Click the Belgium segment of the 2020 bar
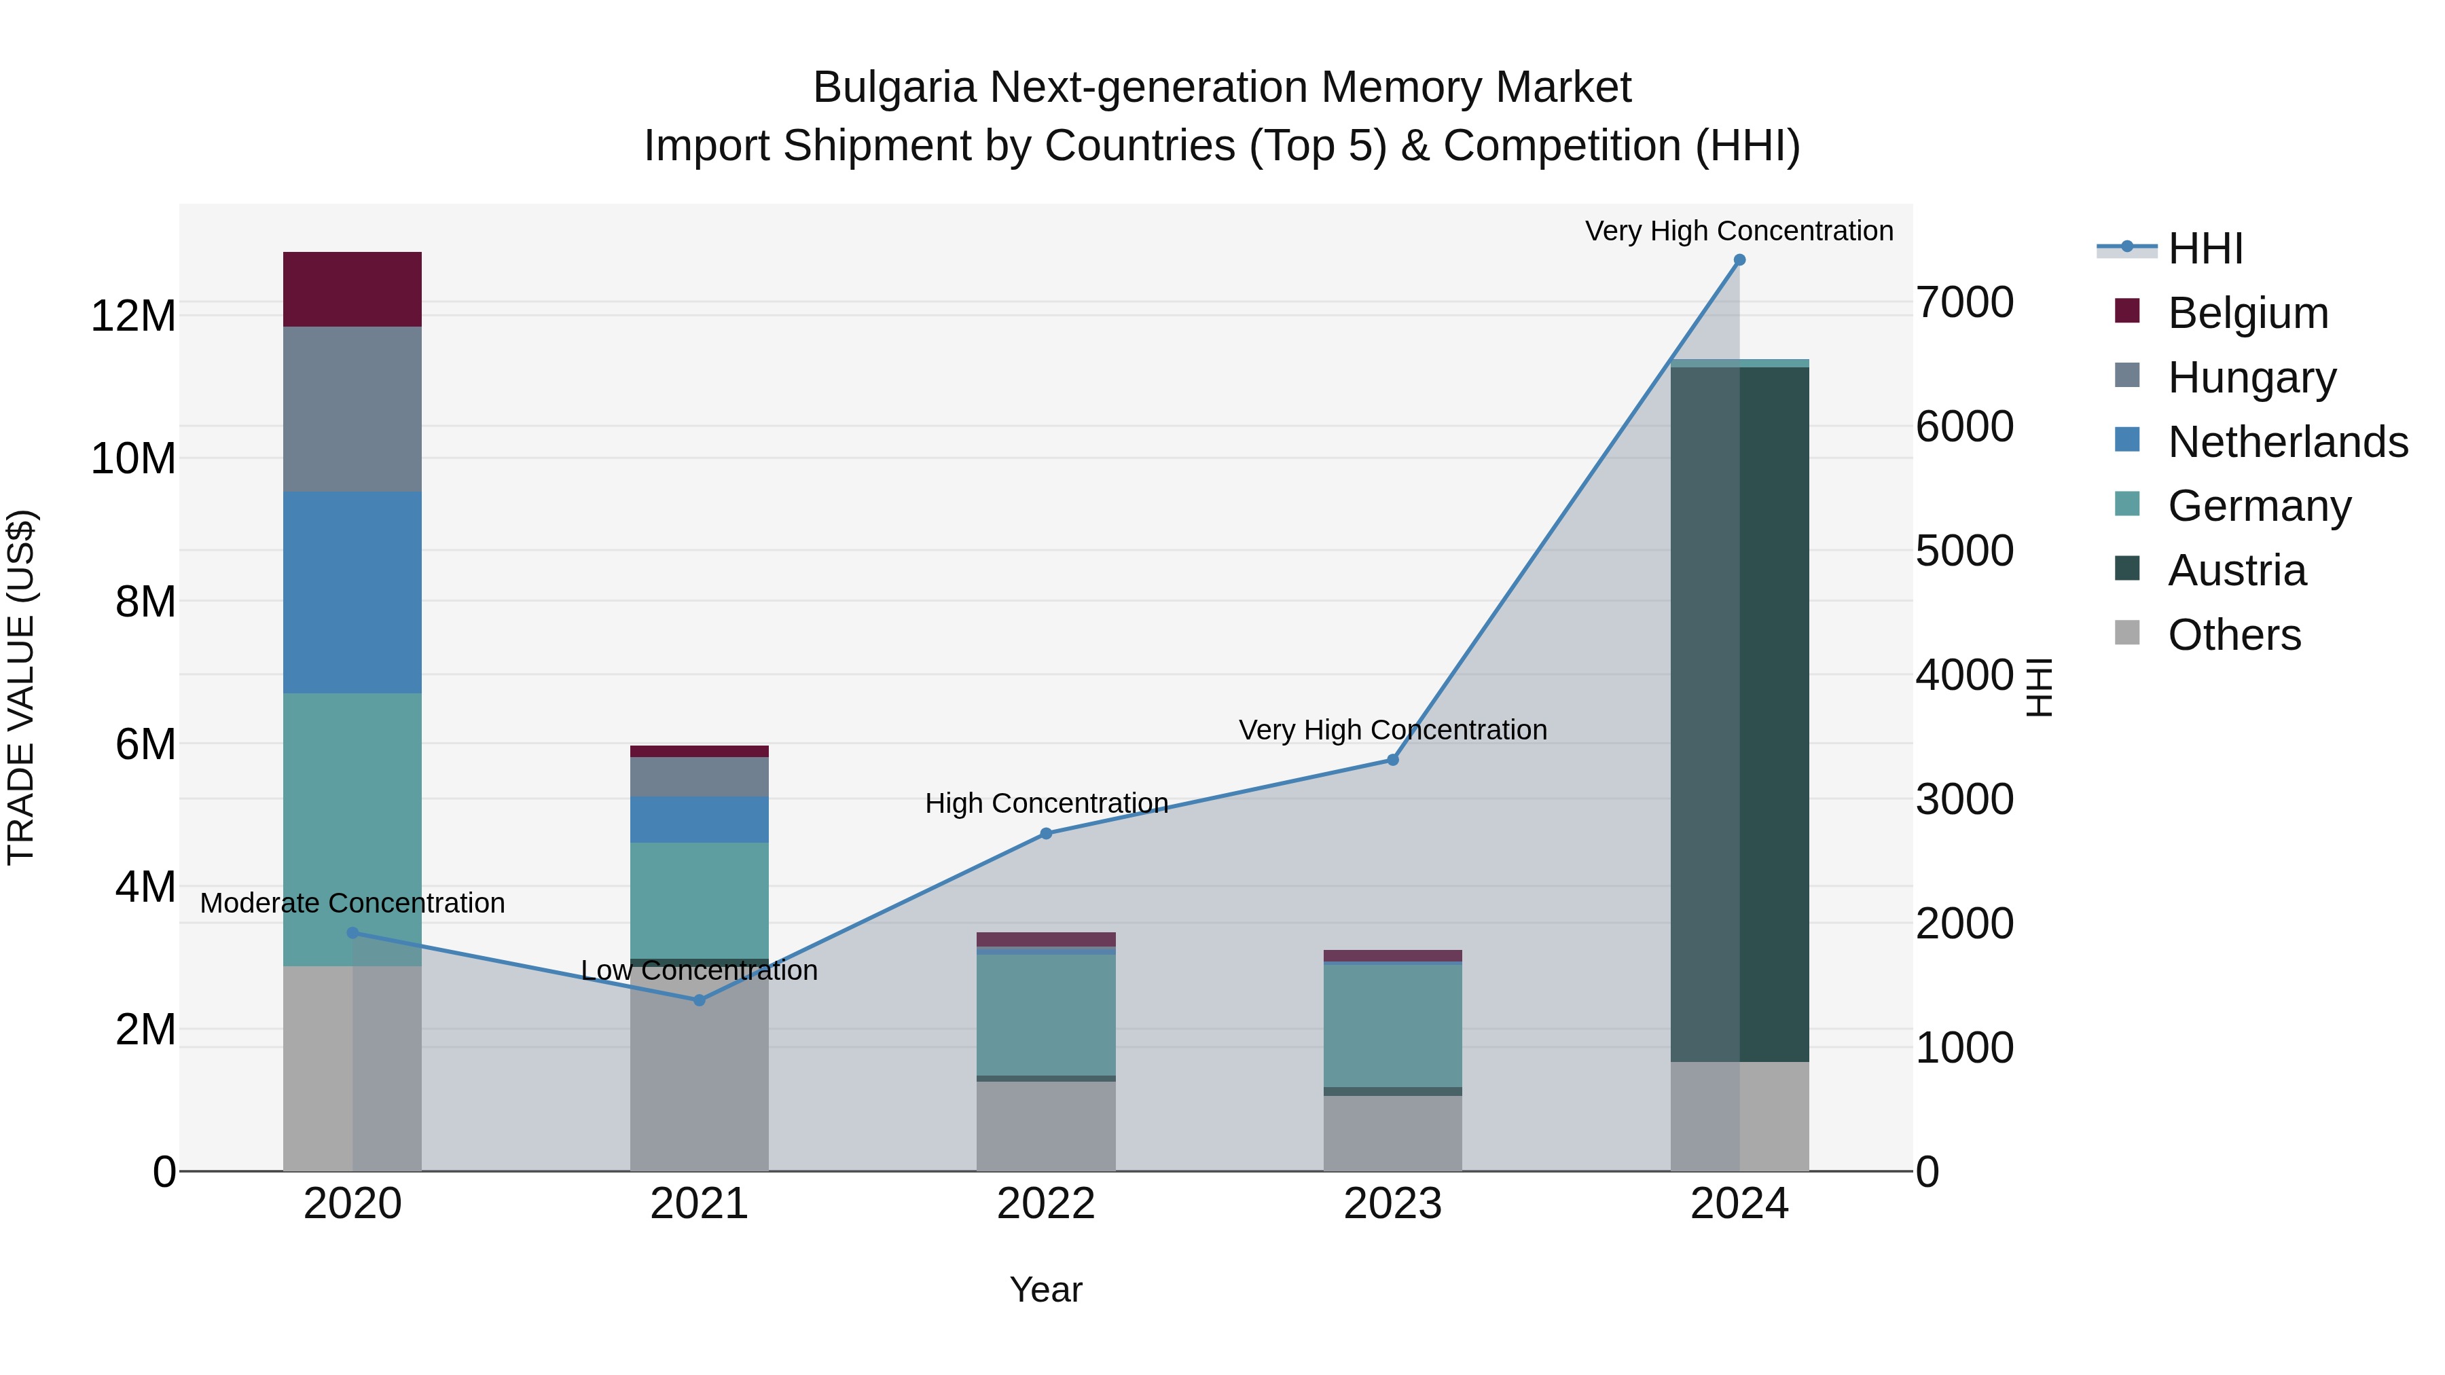click(352, 289)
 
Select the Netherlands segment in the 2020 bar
click(352, 592)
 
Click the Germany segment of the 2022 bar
click(1046, 1014)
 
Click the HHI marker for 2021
click(700, 1000)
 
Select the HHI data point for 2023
click(1392, 760)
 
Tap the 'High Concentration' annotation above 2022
click(1046, 804)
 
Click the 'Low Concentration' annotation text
click(700, 971)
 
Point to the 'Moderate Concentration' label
click(352, 903)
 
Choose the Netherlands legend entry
click(2287, 442)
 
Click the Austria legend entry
click(2236, 570)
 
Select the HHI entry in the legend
click(2205, 249)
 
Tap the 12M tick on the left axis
click(133, 316)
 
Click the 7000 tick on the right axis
click(1963, 303)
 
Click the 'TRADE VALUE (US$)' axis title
click(21, 687)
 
